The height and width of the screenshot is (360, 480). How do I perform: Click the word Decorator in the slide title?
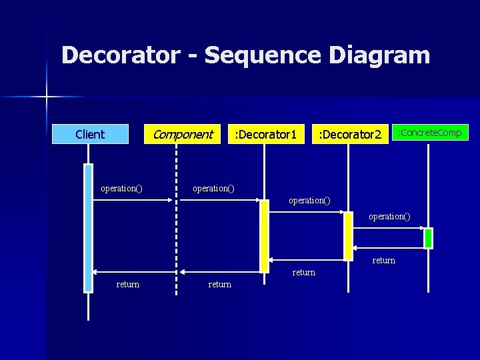pos(120,55)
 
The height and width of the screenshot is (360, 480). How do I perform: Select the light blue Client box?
pos(90,135)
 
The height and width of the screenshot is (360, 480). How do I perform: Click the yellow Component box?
pos(182,135)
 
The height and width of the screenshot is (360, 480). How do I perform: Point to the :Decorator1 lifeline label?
pos(265,135)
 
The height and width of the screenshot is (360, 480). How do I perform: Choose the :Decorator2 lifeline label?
pos(349,135)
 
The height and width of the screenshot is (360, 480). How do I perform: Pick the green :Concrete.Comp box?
pos(429,133)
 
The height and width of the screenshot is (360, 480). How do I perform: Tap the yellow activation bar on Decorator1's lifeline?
pos(264,236)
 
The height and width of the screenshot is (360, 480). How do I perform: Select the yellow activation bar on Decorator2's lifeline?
pos(347,235)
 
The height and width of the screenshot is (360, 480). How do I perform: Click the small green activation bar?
pos(428,238)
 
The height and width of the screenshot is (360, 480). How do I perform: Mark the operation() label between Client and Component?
pos(121,189)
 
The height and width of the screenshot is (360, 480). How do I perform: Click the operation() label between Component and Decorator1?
pos(213,189)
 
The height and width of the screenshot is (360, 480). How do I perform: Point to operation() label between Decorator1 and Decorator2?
pos(309,200)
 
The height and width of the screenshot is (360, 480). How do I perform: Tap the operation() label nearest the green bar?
pos(389,216)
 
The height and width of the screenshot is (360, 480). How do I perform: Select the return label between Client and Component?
pos(128,285)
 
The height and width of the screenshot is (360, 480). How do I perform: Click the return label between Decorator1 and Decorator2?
pos(304,273)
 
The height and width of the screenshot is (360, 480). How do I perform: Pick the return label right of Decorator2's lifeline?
pos(384,261)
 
